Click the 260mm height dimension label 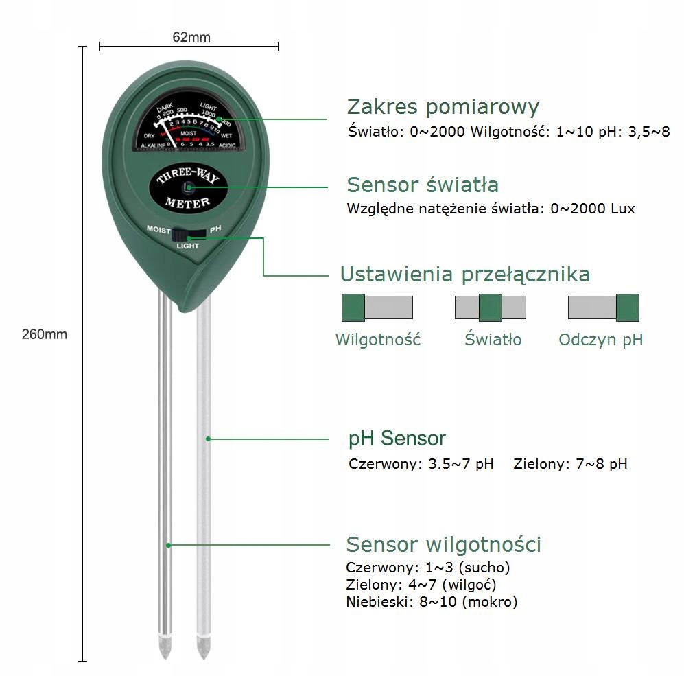[x=45, y=334]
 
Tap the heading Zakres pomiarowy [x=443, y=107]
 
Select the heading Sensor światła [x=423, y=185]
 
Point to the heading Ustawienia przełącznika [x=464, y=275]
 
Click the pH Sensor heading [x=397, y=438]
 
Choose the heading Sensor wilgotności [x=443, y=544]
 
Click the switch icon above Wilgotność [x=377, y=307]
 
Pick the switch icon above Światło [x=491, y=307]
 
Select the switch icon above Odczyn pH [x=604, y=307]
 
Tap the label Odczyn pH [x=600, y=340]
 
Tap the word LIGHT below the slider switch [x=188, y=246]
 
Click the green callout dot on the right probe [x=208, y=438]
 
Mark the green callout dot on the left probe [x=169, y=545]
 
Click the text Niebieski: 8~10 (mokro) [x=432, y=603]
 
